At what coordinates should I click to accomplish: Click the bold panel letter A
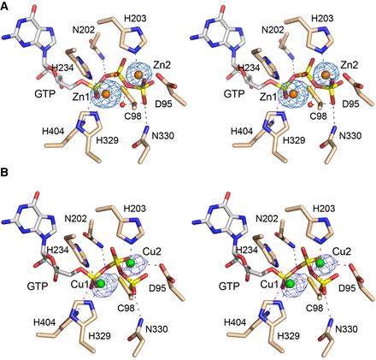4,6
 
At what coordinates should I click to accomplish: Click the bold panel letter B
4,173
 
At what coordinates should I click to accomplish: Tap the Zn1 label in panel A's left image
81,97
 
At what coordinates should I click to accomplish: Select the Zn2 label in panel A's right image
349,65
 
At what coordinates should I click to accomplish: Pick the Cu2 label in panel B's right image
342,251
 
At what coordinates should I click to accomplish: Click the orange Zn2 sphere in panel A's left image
138,75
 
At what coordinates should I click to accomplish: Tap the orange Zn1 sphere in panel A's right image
293,94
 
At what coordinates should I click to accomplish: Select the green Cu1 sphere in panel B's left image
101,283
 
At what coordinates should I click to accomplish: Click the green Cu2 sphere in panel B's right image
320,263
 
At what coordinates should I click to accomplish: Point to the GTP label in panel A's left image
44,94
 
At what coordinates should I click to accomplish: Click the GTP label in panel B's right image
229,286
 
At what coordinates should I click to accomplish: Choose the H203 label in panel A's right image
322,19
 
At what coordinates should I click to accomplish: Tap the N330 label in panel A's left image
162,136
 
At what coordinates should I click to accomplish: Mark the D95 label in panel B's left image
157,288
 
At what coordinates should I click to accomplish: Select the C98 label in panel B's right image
314,308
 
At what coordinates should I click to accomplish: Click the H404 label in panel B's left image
44,322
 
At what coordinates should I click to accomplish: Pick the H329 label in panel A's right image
294,140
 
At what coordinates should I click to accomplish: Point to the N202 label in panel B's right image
267,219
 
